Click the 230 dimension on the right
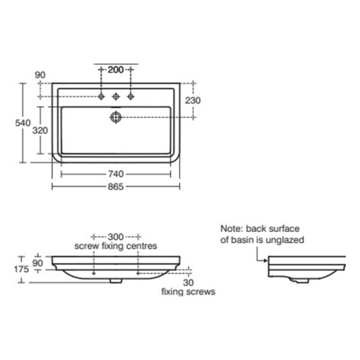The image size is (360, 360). pos(193,100)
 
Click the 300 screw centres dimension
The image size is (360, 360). pos(115,238)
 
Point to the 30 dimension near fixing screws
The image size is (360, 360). pos(186,282)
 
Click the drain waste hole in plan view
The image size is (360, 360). pos(117,116)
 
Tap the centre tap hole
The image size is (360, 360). pos(117,96)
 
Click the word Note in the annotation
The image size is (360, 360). pos(232,227)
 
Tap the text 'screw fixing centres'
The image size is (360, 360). pos(115,246)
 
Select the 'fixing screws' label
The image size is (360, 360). pos(189,292)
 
